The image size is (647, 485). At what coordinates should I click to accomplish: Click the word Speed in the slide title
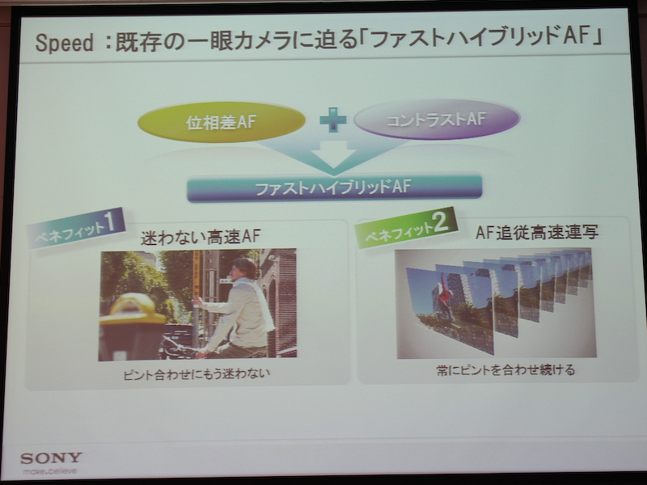pyautogui.click(x=64, y=43)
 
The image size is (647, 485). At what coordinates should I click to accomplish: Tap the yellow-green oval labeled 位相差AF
pyautogui.click(x=221, y=122)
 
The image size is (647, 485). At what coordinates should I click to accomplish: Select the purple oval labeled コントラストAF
pyautogui.click(x=436, y=119)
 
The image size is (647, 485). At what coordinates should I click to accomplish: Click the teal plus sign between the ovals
pyautogui.click(x=332, y=120)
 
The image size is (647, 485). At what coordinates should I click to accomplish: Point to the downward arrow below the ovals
pyautogui.click(x=332, y=157)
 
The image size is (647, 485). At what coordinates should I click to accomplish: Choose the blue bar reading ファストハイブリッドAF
pyautogui.click(x=333, y=188)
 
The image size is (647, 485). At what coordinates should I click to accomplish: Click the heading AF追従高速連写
pyautogui.click(x=537, y=233)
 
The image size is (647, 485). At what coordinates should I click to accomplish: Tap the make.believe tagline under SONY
pyautogui.click(x=51, y=470)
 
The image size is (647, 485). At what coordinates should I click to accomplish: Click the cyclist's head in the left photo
pyautogui.click(x=242, y=268)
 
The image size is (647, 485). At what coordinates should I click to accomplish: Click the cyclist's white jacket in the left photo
pyautogui.click(x=243, y=311)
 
